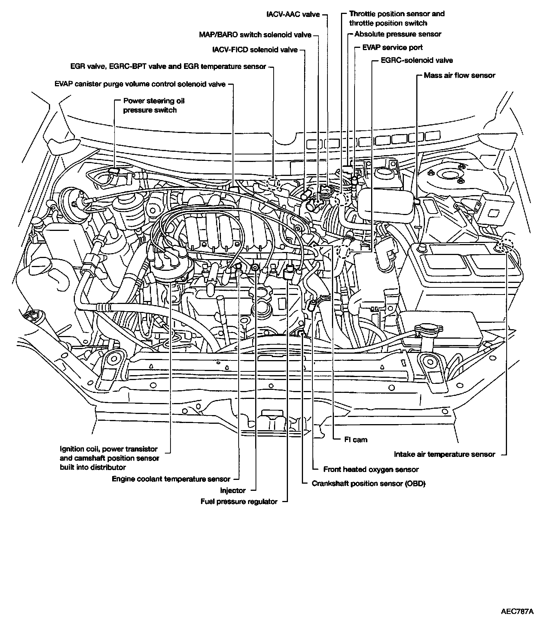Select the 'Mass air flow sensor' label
coord(459,75)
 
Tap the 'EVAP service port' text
coord(392,47)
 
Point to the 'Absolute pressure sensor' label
coord(398,34)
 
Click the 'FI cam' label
coord(356,440)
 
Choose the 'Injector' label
coord(233,490)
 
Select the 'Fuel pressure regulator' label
coord(239,502)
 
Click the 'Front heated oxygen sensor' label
coord(371,469)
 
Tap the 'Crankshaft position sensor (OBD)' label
coord(368,484)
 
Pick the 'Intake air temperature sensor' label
coord(444,454)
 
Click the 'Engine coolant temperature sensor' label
coord(171,479)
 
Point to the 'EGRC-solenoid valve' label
coord(417,61)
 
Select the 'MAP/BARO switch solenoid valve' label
coord(255,35)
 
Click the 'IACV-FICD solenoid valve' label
coord(255,50)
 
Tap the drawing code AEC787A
coord(517,611)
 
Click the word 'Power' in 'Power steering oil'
coord(133,101)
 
